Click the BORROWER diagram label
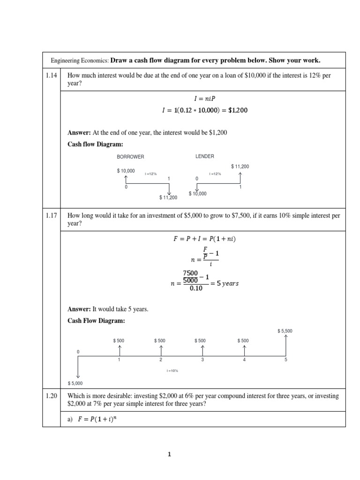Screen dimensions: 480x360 [x=130, y=157]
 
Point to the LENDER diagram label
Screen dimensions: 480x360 [x=204, y=156]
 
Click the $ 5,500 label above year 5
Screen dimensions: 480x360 [x=285, y=331]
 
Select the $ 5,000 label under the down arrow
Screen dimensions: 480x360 [x=75, y=383]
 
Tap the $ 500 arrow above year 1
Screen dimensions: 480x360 [x=120, y=350]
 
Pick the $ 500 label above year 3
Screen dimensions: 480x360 [x=202, y=340]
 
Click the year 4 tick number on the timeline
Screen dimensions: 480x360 [x=244, y=360]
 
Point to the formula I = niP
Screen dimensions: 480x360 [x=203, y=99]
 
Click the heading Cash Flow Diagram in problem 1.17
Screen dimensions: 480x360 [x=97, y=321]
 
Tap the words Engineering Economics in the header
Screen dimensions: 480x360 [x=79, y=60]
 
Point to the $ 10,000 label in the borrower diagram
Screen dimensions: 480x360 [x=126, y=171]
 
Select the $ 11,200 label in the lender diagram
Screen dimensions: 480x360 [x=240, y=166]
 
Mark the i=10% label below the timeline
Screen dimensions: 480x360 [x=172, y=371]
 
